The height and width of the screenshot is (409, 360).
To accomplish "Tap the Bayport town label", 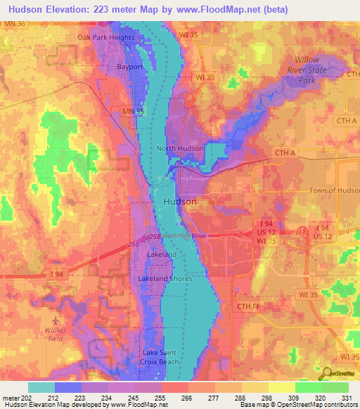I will [129, 67].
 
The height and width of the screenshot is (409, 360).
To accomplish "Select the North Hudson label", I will [180, 148].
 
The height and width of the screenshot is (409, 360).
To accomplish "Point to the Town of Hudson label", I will [334, 190].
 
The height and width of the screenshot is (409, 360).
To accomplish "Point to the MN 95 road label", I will [124, 111].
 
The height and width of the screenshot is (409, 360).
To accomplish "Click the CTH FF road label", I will [248, 305].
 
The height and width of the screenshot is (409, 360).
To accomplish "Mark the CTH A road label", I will [284, 152].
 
